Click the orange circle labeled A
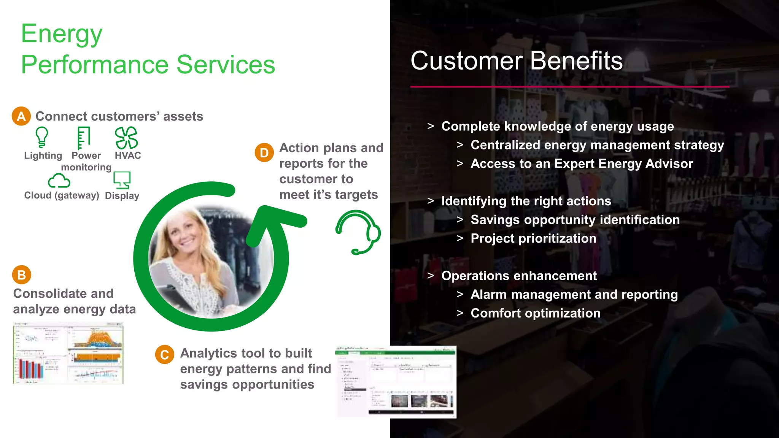click(x=21, y=116)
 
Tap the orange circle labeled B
click(x=21, y=275)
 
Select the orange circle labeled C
click(x=164, y=354)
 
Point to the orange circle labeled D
click(x=264, y=153)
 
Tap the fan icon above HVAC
click(x=126, y=138)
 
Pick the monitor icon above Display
click(x=122, y=180)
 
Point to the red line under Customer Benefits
click(x=569, y=87)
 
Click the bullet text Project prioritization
click(x=533, y=238)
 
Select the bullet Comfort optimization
click(x=535, y=313)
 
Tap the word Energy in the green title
click(x=62, y=34)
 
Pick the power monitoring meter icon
click(x=83, y=138)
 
